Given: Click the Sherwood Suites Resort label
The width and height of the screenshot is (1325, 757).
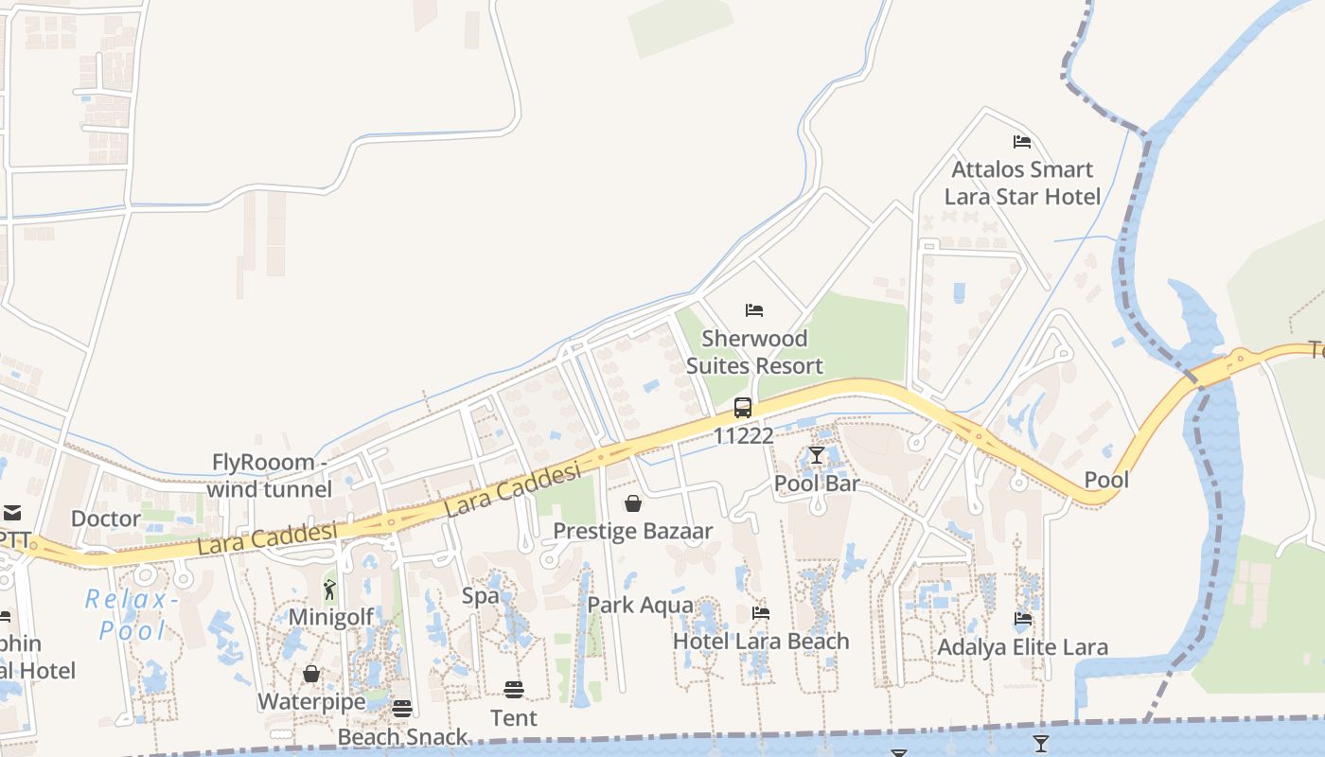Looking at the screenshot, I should coord(754,352).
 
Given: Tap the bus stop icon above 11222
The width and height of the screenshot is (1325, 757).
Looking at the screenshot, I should coord(743,408).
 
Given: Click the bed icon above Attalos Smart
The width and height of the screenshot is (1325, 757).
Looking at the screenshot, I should coord(1022,142).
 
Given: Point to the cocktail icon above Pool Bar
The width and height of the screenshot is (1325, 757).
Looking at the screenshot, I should coord(817,455).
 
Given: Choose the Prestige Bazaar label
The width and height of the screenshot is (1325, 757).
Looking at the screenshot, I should coord(632,531).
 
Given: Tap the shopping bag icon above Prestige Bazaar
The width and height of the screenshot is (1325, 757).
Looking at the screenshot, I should coord(633,503).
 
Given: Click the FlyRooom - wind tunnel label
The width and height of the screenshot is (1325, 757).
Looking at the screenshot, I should coord(270,476).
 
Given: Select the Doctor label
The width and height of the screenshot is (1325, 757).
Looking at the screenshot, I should coord(106,519).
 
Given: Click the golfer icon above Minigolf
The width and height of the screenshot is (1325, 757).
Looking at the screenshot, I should coord(329,590).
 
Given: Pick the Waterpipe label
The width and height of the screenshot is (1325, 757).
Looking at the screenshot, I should coord(311,702).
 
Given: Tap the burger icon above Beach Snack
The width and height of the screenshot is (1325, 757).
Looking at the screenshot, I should coord(402,709).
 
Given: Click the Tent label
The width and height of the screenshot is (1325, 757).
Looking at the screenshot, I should coord(514,718).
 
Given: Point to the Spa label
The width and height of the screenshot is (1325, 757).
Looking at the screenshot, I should coord(480,596).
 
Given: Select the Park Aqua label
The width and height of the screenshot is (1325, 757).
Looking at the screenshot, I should coord(640,606).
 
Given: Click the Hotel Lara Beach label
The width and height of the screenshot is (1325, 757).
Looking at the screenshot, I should coord(761,642).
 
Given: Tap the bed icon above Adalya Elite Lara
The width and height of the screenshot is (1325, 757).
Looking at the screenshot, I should coord(1023,620).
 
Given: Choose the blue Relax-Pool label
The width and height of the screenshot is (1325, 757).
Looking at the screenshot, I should coord(132,614).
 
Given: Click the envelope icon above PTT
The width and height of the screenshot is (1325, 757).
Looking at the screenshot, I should coord(11,513).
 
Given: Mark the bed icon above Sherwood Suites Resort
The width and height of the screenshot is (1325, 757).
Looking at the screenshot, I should coord(754,310).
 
